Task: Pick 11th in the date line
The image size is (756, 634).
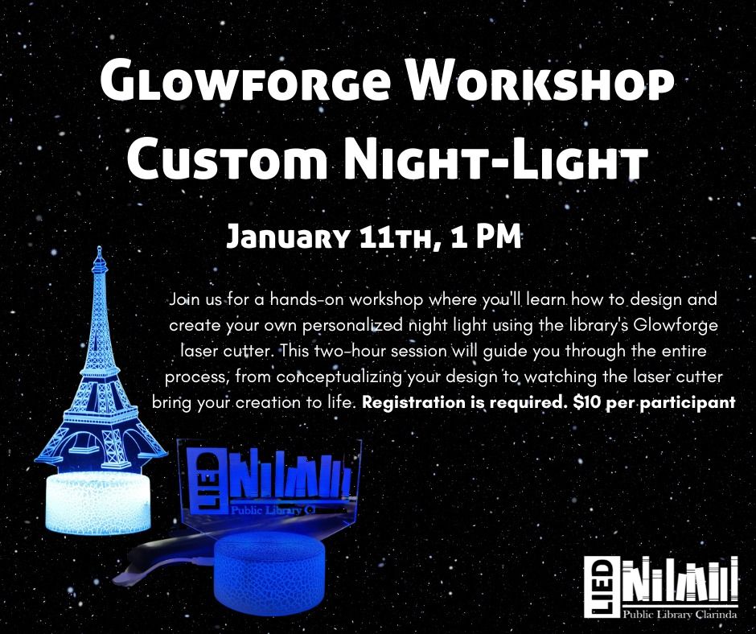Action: point(392,238)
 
